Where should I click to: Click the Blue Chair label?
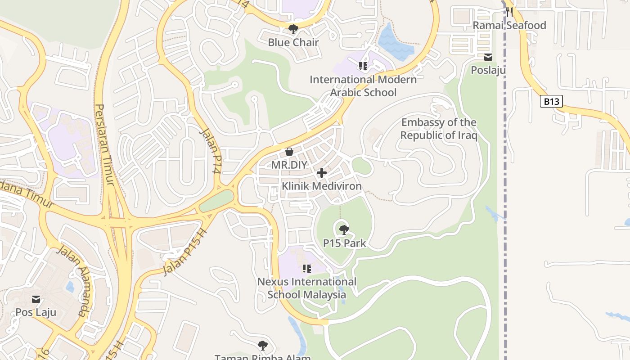tap(293, 42)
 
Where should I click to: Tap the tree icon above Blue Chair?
tap(293, 30)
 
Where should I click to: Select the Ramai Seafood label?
tap(509, 25)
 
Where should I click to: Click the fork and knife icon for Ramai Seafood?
tap(509, 12)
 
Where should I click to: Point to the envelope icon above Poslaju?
tap(488, 57)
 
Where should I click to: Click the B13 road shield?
tap(551, 101)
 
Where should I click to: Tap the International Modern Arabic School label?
tap(363, 86)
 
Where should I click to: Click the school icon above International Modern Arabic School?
tap(363, 67)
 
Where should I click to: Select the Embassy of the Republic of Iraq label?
tap(438, 129)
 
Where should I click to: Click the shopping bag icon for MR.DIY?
tap(289, 152)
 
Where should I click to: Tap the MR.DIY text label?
tap(289, 165)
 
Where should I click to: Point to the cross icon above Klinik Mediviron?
tap(322, 173)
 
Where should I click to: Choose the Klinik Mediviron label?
tap(322, 186)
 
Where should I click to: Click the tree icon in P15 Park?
tap(344, 230)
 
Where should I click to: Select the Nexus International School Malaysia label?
tap(307, 288)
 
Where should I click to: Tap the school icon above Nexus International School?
tap(307, 269)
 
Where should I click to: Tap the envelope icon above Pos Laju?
tap(36, 299)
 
